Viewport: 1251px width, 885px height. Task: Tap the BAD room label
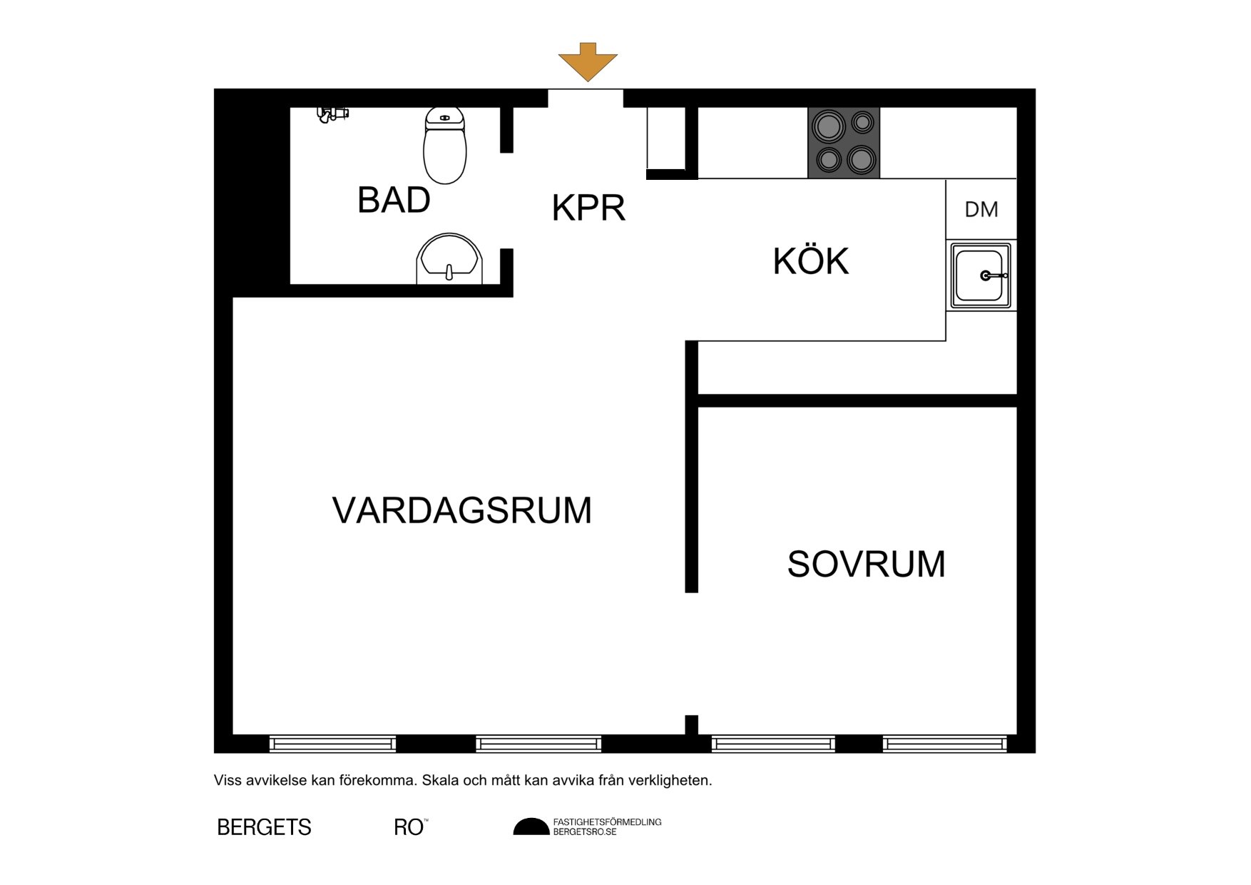click(x=394, y=200)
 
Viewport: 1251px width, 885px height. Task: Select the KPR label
click(x=588, y=208)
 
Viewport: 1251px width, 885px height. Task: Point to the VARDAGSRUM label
click(x=462, y=510)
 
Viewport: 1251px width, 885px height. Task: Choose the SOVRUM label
click(x=866, y=564)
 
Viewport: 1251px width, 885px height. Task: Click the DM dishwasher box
click(x=981, y=209)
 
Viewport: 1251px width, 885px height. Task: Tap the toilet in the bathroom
click(x=445, y=146)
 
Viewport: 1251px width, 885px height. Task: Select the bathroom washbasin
click(x=449, y=258)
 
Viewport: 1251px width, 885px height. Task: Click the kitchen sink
click(x=981, y=275)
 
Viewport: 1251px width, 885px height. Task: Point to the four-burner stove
click(x=844, y=143)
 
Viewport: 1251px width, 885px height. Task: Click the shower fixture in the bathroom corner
click(x=332, y=114)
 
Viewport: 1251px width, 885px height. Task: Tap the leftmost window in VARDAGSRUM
click(x=332, y=744)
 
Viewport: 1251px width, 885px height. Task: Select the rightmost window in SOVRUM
click(x=945, y=744)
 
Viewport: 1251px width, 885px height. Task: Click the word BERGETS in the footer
click(x=264, y=827)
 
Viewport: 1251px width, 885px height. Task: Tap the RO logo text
click(x=409, y=827)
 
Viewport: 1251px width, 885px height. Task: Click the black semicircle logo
click(x=531, y=826)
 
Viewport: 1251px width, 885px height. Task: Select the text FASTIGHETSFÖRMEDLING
click(x=608, y=822)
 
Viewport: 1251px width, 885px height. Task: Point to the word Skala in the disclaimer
click(x=440, y=780)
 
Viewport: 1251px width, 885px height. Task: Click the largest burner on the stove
click(x=827, y=127)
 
